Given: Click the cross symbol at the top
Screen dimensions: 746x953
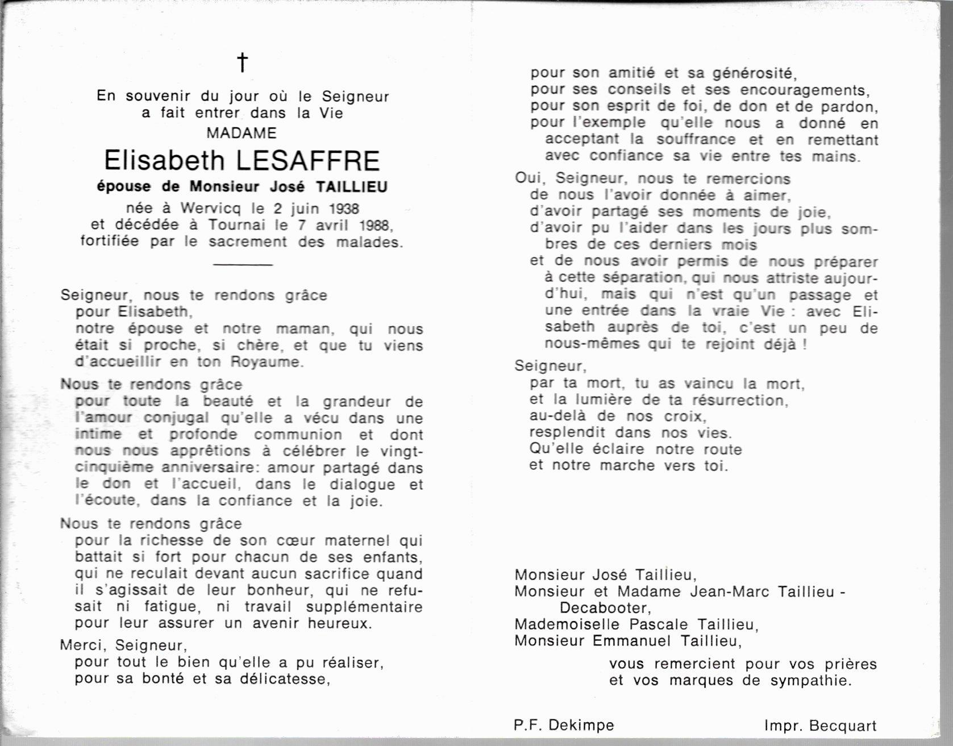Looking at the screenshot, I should click(243, 62).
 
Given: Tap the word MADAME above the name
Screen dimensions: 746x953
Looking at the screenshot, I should click(242, 133).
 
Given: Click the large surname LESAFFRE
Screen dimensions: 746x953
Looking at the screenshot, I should click(307, 161).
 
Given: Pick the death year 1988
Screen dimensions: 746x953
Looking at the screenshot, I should click(374, 225).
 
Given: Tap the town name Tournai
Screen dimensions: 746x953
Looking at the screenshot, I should click(238, 225).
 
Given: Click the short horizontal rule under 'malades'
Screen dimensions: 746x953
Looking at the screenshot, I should click(243, 264).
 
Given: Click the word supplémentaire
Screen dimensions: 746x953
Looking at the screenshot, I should click(364, 607).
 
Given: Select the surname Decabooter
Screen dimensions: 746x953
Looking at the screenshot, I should click(603, 608).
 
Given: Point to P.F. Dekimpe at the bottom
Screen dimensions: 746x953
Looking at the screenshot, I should click(563, 726).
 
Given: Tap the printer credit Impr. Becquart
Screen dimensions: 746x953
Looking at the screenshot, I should click(820, 726).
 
